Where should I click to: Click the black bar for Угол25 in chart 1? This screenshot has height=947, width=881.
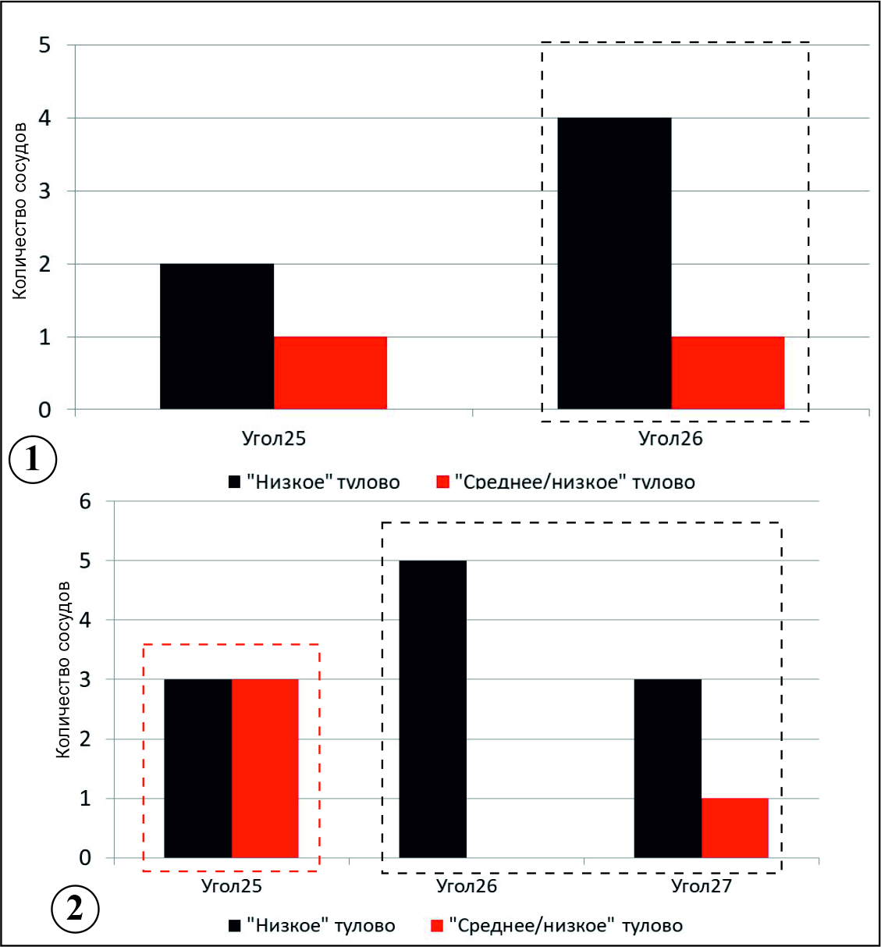click(217, 336)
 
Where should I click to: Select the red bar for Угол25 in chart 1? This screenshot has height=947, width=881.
click(330, 373)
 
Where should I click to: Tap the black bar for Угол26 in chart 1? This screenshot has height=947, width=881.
click(614, 263)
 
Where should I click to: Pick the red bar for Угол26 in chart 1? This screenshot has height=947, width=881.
click(727, 373)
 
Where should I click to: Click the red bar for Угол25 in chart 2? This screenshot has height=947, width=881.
click(265, 768)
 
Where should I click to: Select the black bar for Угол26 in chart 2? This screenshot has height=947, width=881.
click(432, 709)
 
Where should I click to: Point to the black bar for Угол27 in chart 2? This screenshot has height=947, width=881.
click(667, 768)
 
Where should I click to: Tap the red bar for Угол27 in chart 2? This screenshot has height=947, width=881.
click(734, 828)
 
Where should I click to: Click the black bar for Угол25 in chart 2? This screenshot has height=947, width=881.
click(197, 768)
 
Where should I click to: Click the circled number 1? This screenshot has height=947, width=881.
click(32, 460)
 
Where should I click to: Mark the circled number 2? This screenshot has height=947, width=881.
click(75, 910)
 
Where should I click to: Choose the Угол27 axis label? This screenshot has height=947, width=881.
click(702, 886)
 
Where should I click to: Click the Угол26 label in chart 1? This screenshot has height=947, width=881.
click(670, 439)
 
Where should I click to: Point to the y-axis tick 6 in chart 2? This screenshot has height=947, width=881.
click(85, 501)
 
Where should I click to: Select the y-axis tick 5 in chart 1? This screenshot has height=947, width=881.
click(44, 45)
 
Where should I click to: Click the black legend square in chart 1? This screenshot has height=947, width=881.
click(234, 482)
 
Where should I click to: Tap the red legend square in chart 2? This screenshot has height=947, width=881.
click(437, 926)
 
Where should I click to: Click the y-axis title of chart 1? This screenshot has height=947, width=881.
click(20, 211)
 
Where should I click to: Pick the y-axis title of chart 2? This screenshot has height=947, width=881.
click(63, 669)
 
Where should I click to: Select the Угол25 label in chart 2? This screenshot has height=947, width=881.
click(232, 886)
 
